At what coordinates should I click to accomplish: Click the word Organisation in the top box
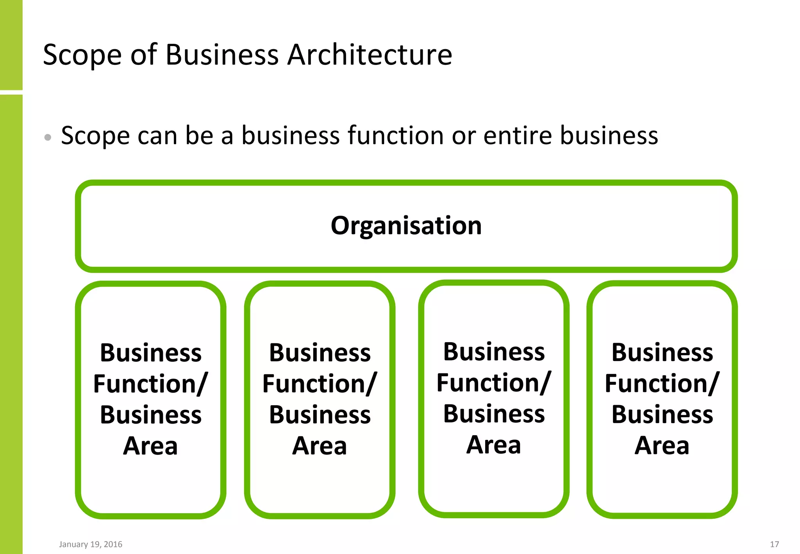coord(406,226)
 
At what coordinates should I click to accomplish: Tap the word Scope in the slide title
coord(82,55)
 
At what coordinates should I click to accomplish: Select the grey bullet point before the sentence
coord(48,137)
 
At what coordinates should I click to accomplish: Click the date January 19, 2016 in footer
coord(91,544)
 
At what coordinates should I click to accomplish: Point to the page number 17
coord(774,544)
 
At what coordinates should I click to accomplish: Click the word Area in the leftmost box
coord(150,446)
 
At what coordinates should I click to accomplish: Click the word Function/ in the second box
coord(320,384)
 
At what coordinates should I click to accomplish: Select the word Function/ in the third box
coord(494,382)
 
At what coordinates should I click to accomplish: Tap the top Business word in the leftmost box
coord(150,353)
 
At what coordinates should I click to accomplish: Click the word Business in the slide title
coord(222,55)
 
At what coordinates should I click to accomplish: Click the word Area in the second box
coord(320,446)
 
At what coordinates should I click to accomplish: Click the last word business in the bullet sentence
coord(609,136)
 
